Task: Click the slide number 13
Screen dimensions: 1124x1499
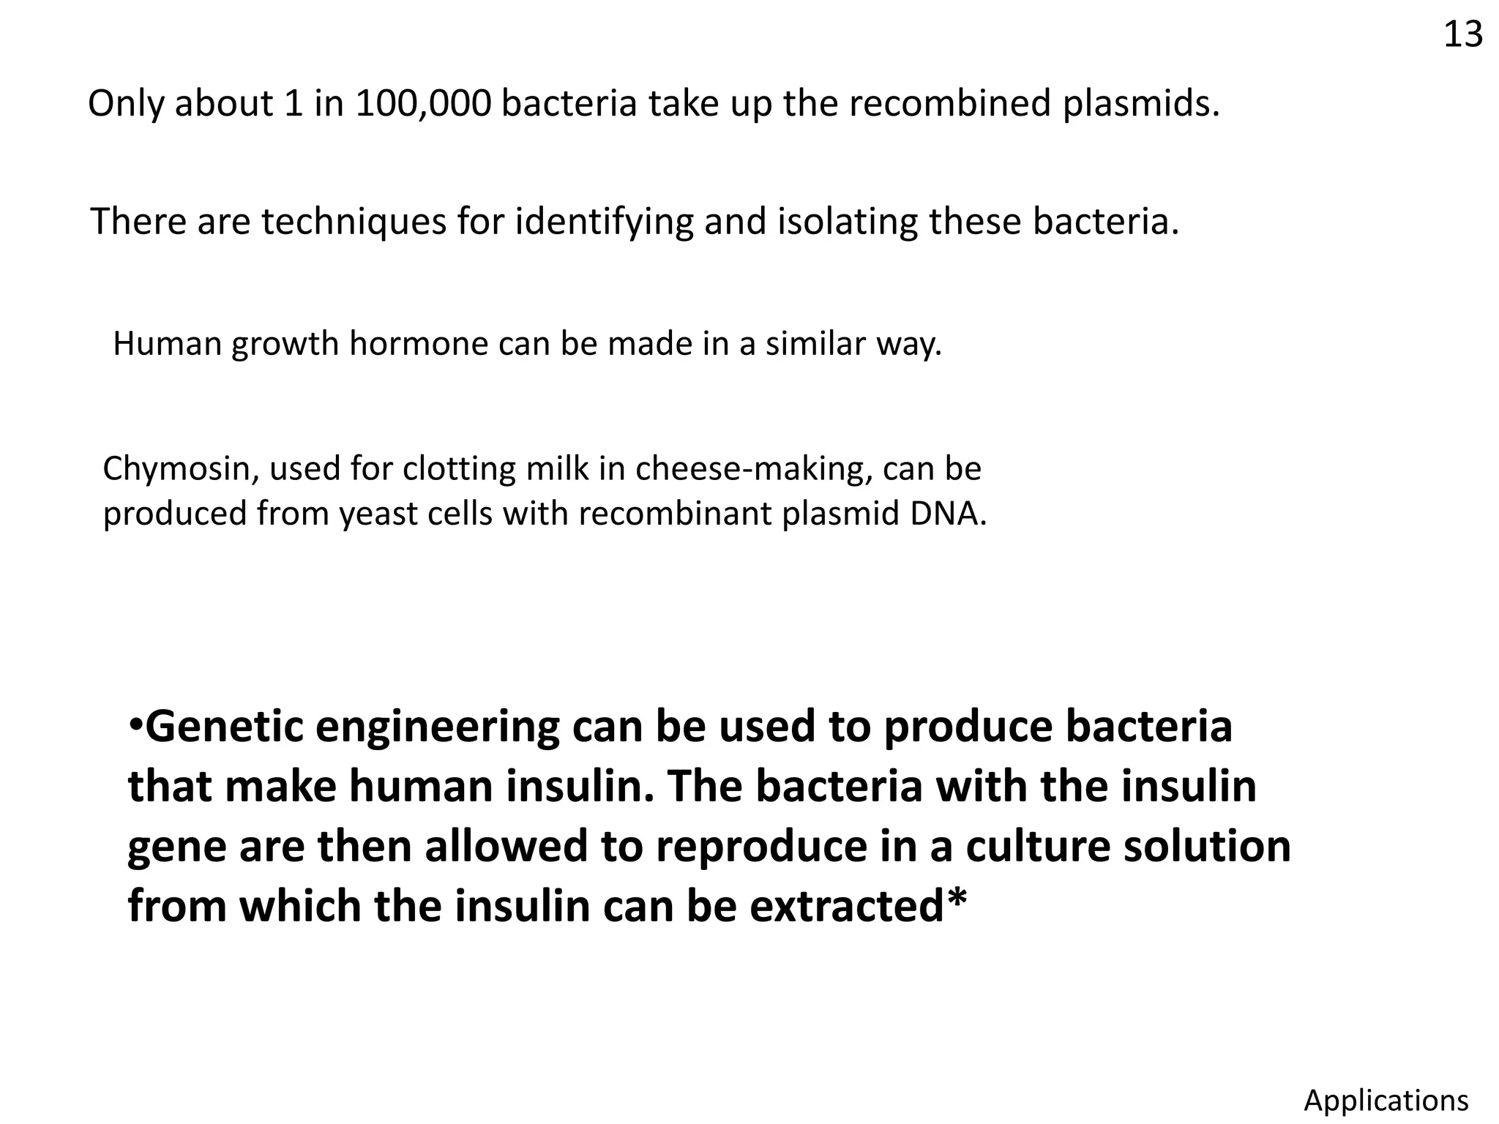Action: (1462, 34)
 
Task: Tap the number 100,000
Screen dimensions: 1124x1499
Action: (423, 103)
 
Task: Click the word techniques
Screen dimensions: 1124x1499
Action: (354, 222)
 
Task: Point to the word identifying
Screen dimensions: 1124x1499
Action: (604, 222)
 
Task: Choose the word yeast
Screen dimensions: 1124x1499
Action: (380, 514)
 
